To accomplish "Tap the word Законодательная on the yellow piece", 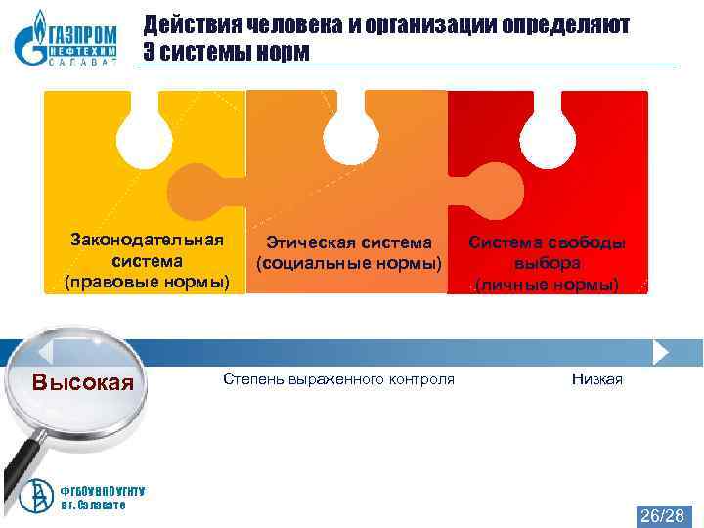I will [147, 240].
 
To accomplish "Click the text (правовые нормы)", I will [147, 283].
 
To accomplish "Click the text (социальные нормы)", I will [349, 264].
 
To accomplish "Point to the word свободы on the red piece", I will [584, 242].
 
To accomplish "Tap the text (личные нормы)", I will [547, 286].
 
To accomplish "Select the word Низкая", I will [596, 378].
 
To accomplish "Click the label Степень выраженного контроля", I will [338, 378].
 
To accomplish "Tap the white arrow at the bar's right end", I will [661, 351].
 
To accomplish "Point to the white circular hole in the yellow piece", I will [146, 135].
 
